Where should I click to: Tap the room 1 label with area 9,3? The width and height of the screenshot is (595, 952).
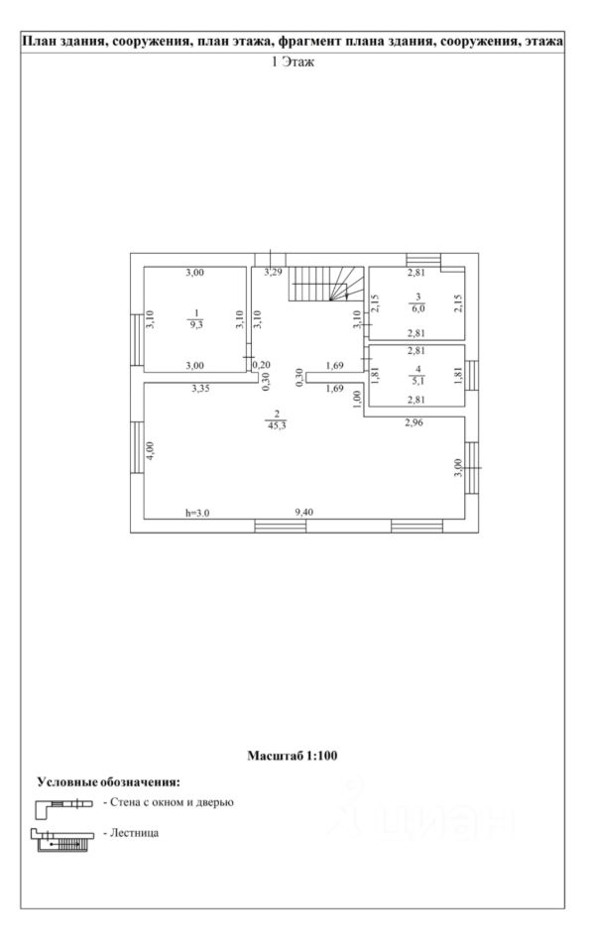pyautogui.click(x=196, y=317)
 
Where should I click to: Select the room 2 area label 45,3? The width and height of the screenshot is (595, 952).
pyautogui.click(x=279, y=420)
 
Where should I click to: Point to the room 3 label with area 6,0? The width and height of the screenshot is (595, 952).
pyautogui.click(x=417, y=303)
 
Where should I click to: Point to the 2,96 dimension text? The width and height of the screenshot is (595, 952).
pyautogui.click(x=414, y=423)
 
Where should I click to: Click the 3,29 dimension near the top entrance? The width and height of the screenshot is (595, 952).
pyautogui.click(x=273, y=273)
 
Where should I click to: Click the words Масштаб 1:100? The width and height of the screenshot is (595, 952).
pyautogui.click(x=293, y=756)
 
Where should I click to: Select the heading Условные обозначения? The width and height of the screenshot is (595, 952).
pyautogui.click(x=108, y=782)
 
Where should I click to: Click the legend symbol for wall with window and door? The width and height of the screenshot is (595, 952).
pyautogui.click(x=64, y=802)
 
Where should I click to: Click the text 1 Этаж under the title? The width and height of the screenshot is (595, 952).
pyautogui.click(x=293, y=60)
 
